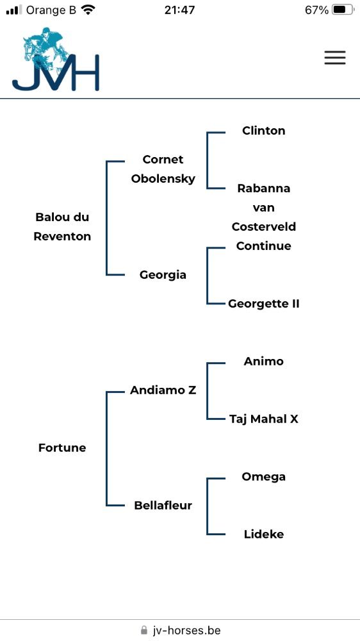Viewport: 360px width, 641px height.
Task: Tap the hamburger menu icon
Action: pos(335,58)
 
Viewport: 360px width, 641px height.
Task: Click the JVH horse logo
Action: pos(56,59)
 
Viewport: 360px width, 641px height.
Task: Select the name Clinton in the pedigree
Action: pos(263,131)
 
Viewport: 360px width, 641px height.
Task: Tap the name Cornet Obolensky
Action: pos(163,169)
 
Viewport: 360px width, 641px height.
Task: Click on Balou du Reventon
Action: pos(62,226)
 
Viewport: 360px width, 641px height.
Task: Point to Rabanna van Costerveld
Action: pos(263,207)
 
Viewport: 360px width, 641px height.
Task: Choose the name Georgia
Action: pos(163,275)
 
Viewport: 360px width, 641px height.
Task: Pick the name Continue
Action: pos(263,246)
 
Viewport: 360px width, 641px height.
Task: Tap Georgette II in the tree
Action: pos(263,304)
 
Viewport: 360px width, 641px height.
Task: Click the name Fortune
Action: pos(62,447)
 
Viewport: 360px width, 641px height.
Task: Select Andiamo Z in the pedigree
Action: pos(163,390)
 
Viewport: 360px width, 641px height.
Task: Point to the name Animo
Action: pos(263,362)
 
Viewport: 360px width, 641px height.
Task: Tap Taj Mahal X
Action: pos(263,419)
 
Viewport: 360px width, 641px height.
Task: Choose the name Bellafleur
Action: pos(163,505)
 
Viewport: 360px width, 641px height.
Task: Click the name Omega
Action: pos(263,477)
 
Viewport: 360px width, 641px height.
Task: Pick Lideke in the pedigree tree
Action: pos(263,535)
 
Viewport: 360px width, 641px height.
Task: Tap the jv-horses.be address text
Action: pos(186,630)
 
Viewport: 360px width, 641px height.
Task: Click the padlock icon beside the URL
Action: pos(143,629)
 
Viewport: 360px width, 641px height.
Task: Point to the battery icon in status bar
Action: pos(343,10)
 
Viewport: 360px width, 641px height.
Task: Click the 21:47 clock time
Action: pos(180,10)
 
